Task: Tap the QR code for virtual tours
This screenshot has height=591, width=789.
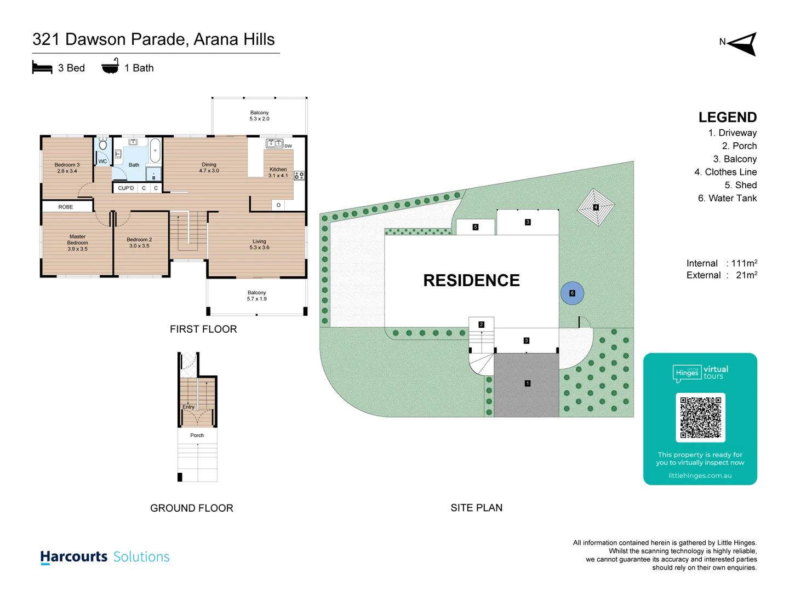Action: (700, 418)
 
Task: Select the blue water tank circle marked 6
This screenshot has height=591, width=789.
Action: (572, 293)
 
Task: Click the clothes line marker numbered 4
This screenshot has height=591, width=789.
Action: (596, 207)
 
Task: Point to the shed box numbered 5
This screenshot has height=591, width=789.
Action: (475, 227)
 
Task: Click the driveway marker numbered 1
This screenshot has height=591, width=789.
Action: (527, 384)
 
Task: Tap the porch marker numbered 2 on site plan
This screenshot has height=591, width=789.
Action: (481, 325)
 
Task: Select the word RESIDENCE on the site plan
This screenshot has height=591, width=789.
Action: (471, 281)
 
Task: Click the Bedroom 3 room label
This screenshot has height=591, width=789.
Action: (67, 168)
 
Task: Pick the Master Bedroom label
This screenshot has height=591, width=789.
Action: (77, 243)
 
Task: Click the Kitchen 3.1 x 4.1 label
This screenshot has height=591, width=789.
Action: (278, 172)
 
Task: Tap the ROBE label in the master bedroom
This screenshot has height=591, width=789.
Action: (66, 207)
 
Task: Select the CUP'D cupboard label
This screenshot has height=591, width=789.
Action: (125, 188)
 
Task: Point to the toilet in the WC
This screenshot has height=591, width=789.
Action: (103, 145)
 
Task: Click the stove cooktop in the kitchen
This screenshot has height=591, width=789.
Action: (299, 176)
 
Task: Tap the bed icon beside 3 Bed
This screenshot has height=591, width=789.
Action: (42, 68)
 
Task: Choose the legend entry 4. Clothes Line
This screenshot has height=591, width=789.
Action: (725, 172)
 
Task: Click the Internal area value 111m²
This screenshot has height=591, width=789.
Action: (744, 264)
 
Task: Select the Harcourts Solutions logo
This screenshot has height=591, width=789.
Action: (105, 557)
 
